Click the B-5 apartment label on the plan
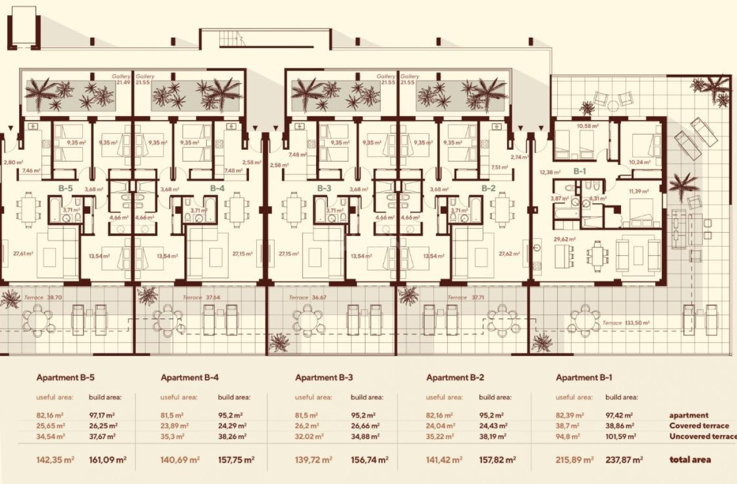[x=66, y=188]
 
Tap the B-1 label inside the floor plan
[x=579, y=172]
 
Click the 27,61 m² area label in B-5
[x=24, y=254]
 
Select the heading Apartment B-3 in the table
[x=324, y=377]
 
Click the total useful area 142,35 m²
[x=55, y=459]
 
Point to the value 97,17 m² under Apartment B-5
[x=102, y=416]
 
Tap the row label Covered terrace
[x=699, y=426]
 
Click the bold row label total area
[x=690, y=459]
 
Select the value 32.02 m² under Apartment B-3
[x=307, y=436]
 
